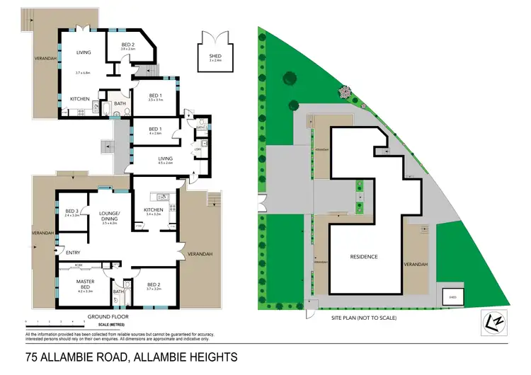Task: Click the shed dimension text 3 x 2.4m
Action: point(215,60)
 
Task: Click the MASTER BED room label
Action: point(86,282)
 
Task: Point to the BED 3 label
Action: point(72,211)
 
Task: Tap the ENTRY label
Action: point(73,253)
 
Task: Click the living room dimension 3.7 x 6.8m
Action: point(84,72)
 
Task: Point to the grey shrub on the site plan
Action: point(345,91)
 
